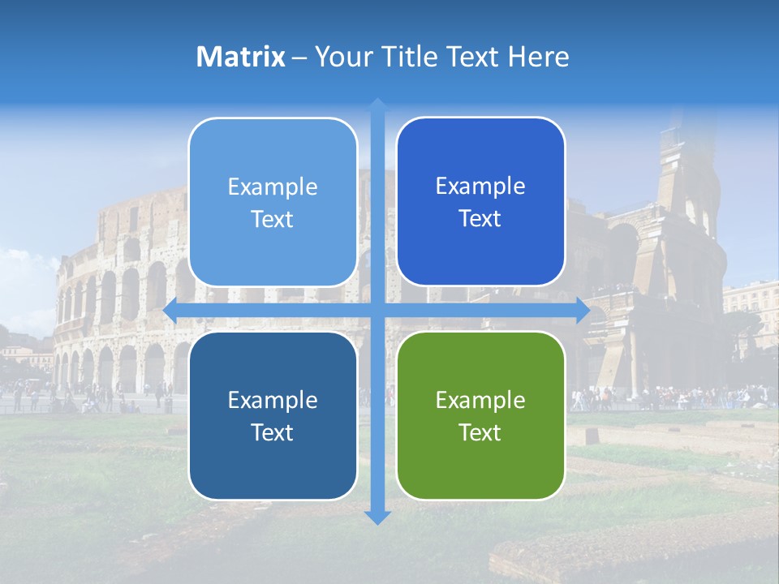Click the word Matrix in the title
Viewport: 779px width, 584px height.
pos(241,57)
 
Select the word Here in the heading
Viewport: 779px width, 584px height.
pos(538,57)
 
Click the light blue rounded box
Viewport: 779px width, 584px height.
pos(273,203)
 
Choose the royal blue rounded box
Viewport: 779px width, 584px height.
pos(480,202)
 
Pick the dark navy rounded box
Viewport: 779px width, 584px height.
pos(273,416)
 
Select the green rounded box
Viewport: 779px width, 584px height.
pos(480,416)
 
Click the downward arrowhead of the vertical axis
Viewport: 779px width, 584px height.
pos(377,517)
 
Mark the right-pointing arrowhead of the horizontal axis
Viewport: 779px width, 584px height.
pos(582,311)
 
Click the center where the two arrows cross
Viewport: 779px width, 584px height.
pos(377,311)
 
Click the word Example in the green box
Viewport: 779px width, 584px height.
pos(480,400)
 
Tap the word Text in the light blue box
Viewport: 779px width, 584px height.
pos(273,220)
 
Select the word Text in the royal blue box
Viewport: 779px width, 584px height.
pos(480,219)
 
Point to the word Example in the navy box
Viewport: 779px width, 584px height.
pos(273,400)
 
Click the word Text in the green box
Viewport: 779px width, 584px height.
pos(480,433)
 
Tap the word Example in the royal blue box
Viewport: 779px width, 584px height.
pos(480,187)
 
